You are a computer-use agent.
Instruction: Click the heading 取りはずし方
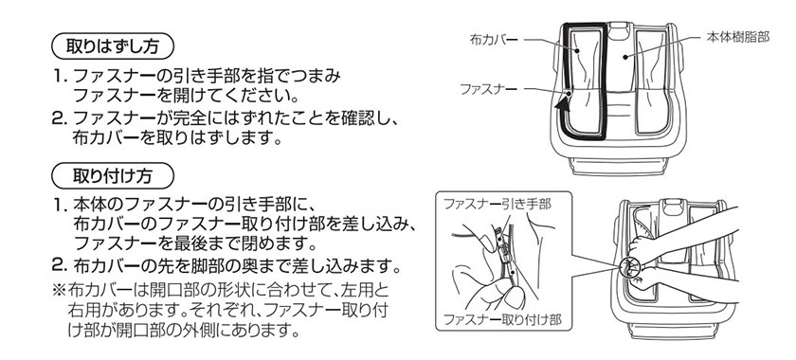coord(113,46)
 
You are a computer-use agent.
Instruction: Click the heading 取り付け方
coord(113,175)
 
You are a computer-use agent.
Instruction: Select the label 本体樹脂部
coord(737,38)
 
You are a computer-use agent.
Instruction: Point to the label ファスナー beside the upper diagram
coord(488,89)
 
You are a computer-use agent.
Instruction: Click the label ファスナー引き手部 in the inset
coord(497,204)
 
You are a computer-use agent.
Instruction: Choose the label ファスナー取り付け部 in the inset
coord(502,320)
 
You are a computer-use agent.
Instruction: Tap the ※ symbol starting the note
coord(59,292)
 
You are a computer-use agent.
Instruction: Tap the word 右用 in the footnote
coord(84,309)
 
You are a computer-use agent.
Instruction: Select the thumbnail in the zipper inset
coord(515,299)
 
